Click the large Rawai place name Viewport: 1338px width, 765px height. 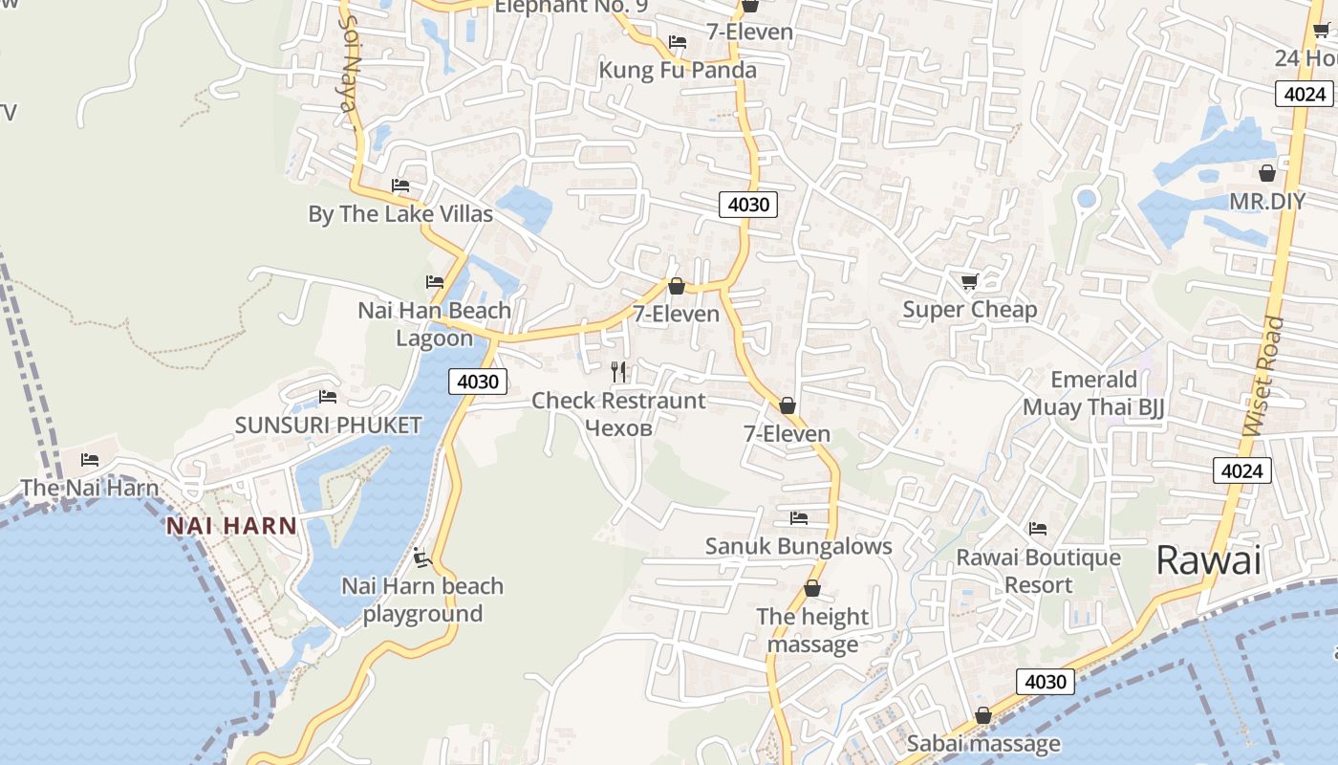1208,559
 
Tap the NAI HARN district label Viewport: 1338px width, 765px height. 231,525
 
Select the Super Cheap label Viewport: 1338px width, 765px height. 969,309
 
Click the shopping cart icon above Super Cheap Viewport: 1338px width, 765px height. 969,281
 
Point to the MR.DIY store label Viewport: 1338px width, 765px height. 1266,202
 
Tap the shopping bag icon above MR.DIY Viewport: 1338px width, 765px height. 1266,173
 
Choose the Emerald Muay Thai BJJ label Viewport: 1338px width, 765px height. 1093,393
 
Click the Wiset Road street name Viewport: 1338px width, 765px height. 1263,375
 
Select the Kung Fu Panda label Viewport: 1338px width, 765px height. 677,70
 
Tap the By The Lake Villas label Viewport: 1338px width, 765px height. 400,213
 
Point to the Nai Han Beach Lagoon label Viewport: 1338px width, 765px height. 434,324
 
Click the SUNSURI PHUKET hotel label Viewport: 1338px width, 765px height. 328,425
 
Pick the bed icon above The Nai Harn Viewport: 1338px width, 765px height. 90,460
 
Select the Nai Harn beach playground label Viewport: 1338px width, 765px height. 422,600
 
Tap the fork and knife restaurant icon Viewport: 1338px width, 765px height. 618,372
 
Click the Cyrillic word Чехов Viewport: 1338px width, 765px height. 617,427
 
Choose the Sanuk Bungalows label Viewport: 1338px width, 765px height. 798,546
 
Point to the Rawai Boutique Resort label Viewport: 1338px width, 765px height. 1038,571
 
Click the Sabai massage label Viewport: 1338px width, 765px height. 982,743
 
